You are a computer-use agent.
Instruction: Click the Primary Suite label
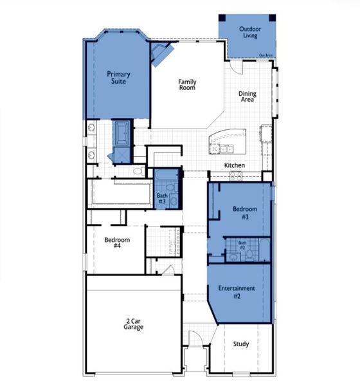[x=118, y=78]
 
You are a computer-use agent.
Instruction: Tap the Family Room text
[x=187, y=85]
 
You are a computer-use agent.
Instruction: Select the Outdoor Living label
[x=249, y=33]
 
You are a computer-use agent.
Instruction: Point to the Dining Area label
[x=248, y=97]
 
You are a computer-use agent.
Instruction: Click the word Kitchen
[x=234, y=166]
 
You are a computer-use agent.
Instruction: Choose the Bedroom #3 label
[x=245, y=213]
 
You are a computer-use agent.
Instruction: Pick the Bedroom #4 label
[x=117, y=243]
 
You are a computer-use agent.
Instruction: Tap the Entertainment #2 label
[x=237, y=291]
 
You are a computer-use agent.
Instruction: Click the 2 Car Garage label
[x=134, y=324]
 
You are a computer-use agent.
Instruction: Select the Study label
[x=240, y=344]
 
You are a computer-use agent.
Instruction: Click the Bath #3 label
[x=161, y=198]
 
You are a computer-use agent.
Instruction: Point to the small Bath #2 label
[x=242, y=246]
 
